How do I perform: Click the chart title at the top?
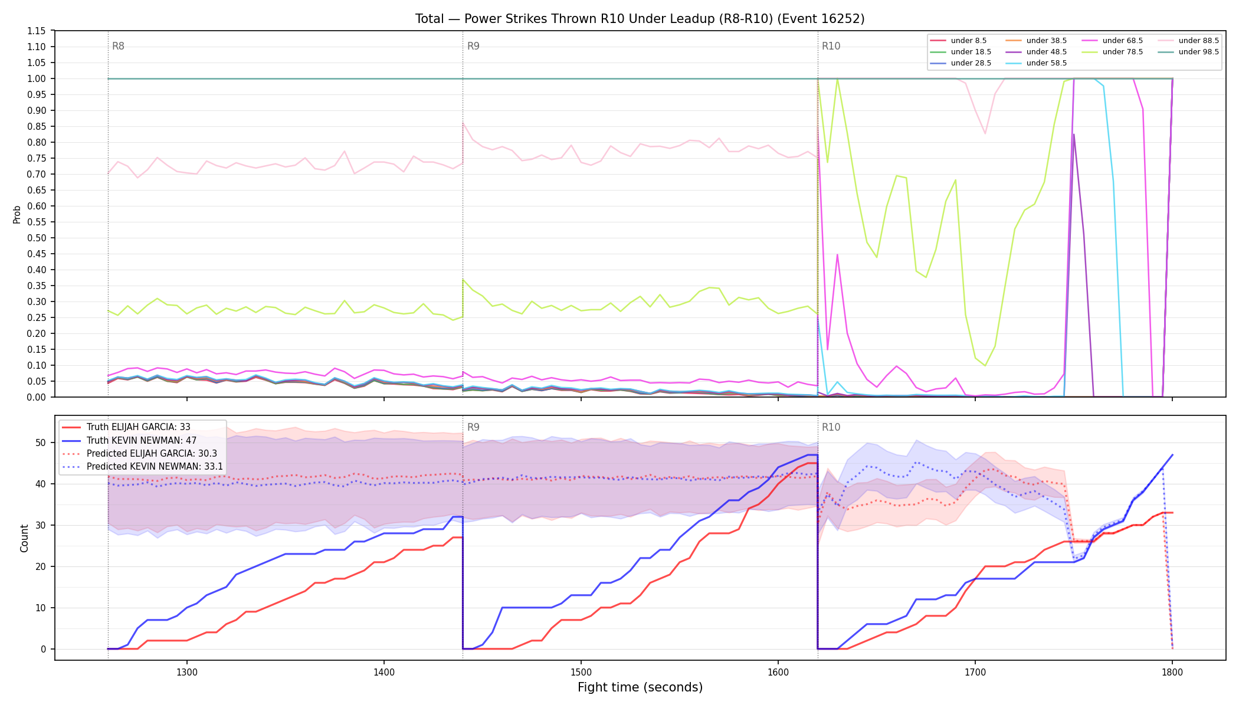click(640, 19)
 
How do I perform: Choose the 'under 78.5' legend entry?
click(1112, 52)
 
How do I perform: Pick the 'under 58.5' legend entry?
click(1036, 63)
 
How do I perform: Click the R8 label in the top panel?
click(118, 46)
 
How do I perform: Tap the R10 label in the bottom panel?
click(831, 427)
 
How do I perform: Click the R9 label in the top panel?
click(473, 46)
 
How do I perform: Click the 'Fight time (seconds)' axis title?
click(640, 687)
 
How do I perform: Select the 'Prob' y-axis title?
click(17, 214)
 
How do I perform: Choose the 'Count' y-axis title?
click(24, 538)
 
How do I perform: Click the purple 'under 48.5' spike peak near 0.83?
click(1074, 134)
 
